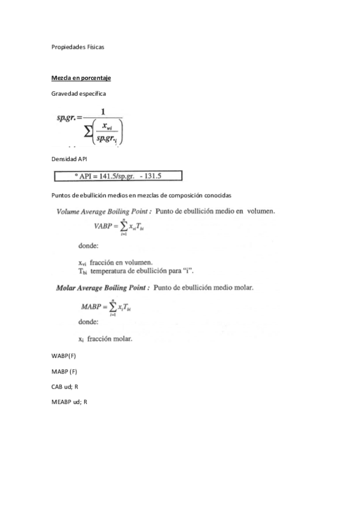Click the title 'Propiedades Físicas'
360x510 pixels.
(x=78, y=47)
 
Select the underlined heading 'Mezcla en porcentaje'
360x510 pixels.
(x=81, y=78)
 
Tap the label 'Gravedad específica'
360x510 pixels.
(x=79, y=93)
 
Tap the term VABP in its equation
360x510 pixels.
(x=103, y=226)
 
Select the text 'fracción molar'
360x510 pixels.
(x=109, y=339)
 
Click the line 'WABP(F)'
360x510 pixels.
(x=64, y=356)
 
